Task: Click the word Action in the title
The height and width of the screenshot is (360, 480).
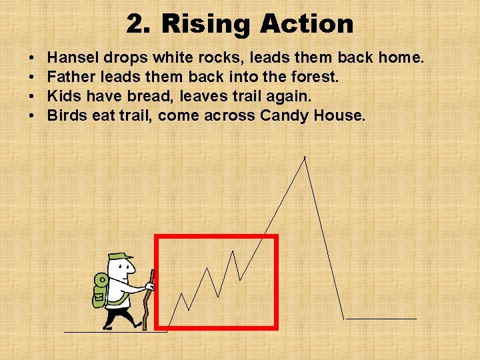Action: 307,25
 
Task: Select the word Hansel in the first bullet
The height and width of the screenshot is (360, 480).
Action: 74,58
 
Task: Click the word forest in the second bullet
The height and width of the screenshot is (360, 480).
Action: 315,77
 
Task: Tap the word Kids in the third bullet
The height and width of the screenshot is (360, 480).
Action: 63,97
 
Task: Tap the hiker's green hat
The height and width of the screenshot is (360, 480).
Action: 120,257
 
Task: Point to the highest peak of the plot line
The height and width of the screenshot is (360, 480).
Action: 305,157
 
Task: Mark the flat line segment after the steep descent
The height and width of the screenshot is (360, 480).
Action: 381,319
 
